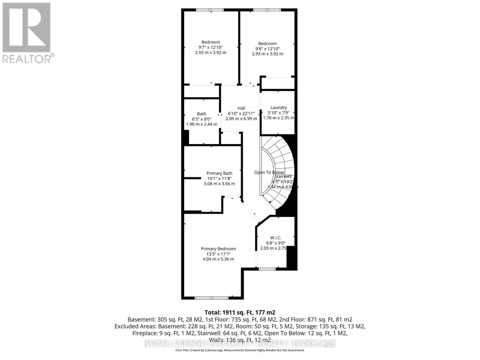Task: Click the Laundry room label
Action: (278, 107)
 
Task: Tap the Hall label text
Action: (241, 108)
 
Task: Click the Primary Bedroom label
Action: (218, 249)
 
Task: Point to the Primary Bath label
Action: (219, 173)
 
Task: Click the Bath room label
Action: (202, 114)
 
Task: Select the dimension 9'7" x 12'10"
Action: (211, 47)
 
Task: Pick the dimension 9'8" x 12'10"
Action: (267, 49)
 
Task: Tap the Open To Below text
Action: (269, 172)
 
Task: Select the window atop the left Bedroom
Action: (210, 10)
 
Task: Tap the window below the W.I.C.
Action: (267, 269)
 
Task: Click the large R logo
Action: (26, 28)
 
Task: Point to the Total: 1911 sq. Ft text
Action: (240, 312)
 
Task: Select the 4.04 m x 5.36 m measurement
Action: (218, 259)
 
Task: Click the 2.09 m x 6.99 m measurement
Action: (241, 118)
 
